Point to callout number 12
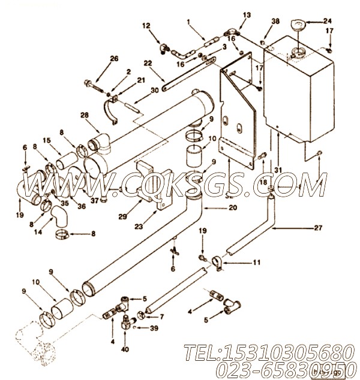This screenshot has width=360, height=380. pyautogui.click(x=146, y=25)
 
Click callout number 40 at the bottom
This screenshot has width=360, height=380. pyautogui.click(x=125, y=349)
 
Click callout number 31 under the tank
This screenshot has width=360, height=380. pyautogui.click(x=278, y=170)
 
